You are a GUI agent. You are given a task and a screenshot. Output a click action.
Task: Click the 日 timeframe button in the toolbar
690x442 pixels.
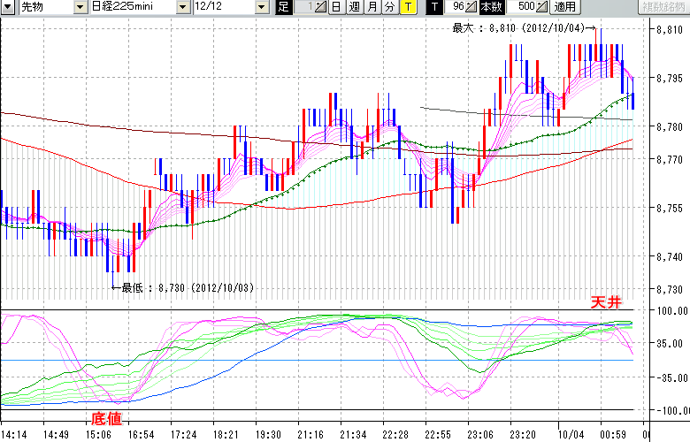pos(337,7)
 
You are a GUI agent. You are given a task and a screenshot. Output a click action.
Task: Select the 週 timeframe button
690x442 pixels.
pos(354,7)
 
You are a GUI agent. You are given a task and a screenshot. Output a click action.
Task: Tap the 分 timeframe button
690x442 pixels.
pos(389,7)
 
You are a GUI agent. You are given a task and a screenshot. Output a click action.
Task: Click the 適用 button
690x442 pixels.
pos(563,7)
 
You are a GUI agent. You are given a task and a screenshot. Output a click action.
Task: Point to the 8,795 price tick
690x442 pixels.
pos(669,79)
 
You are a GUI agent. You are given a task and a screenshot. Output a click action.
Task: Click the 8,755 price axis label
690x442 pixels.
pos(669,208)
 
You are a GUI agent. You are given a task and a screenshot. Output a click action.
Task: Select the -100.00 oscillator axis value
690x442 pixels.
pos(670,411)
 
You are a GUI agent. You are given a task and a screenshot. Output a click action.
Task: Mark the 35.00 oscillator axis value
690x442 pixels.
pos(672,344)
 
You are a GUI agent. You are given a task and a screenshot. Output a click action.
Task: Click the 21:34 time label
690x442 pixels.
pos(353,435)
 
